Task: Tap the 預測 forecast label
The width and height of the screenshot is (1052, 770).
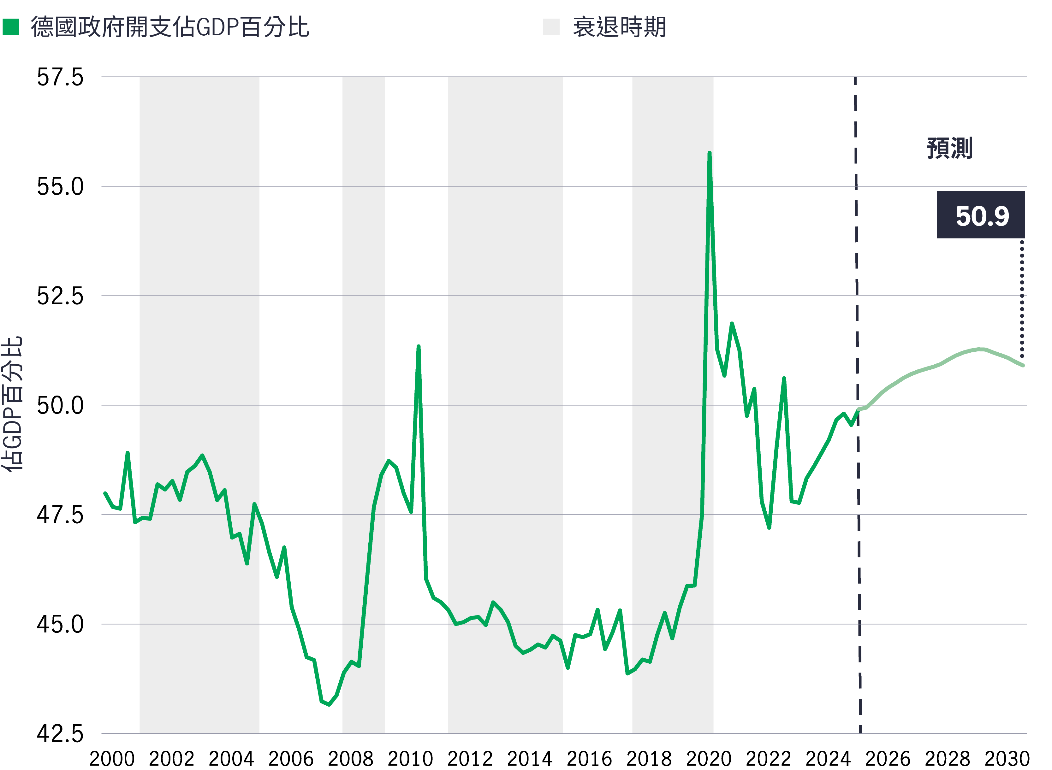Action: coord(949,148)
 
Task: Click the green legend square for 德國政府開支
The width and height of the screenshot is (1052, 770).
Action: coord(11,27)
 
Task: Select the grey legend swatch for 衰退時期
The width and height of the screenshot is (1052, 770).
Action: coord(551,27)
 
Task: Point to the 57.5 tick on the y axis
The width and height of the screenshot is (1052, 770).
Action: coord(60,77)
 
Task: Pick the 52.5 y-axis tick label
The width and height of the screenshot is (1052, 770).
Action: coord(60,296)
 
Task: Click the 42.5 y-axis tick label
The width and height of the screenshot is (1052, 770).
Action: coord(60,734)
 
